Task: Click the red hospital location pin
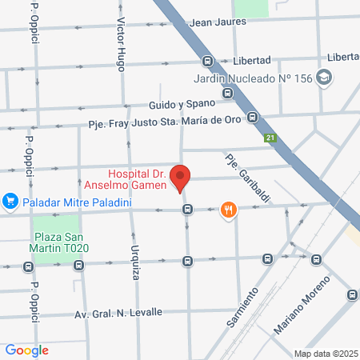[x=182, y=177]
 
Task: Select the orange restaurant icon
[x=229, y=210]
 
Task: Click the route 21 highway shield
[x=270, y=138]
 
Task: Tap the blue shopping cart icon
[x=10, y=201]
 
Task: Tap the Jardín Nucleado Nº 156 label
[x=254, y=78]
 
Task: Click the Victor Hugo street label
[x=122, y=44]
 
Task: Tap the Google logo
[x=26, y=350]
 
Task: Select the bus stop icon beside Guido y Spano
[x=228, y=93]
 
